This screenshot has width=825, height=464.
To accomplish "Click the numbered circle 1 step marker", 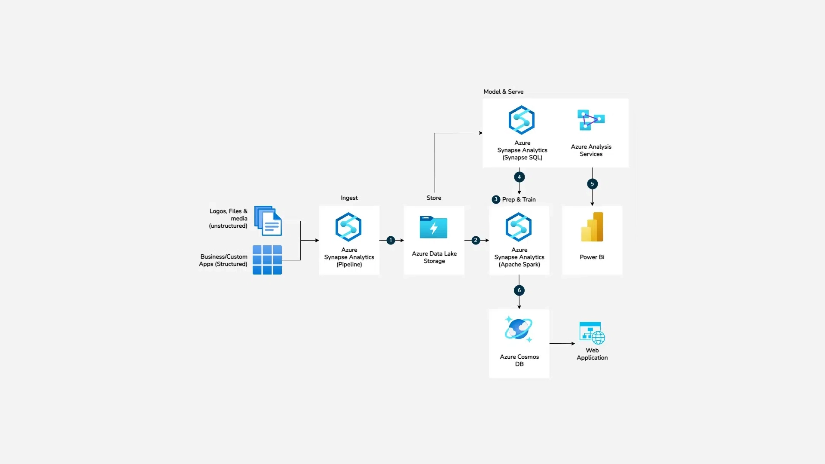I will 391,240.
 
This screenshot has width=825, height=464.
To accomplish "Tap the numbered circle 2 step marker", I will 476,240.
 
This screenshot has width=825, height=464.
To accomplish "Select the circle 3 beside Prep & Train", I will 496,199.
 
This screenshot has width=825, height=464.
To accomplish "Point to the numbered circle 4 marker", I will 519,177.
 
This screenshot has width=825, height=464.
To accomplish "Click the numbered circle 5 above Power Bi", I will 592,184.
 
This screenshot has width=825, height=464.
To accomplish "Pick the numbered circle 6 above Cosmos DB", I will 519,290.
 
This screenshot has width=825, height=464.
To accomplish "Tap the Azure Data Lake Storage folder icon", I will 434,227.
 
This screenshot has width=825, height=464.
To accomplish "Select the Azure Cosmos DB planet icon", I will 519,330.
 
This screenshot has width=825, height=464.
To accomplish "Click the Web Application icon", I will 592,333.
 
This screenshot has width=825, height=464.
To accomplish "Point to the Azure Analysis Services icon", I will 591,120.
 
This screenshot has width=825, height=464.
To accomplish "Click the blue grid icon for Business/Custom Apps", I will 267,260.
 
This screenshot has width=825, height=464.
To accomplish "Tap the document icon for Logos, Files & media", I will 268,221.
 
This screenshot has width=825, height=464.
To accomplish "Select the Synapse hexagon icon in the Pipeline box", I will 348,227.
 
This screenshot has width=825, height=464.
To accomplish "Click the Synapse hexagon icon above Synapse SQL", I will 522,120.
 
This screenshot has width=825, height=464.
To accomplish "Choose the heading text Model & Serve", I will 503,92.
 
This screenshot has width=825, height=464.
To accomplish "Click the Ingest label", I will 349,198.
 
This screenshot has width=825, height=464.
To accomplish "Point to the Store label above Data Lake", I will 434,198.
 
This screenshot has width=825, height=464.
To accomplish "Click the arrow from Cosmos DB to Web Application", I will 562,343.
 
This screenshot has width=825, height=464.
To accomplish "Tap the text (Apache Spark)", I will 519,264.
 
